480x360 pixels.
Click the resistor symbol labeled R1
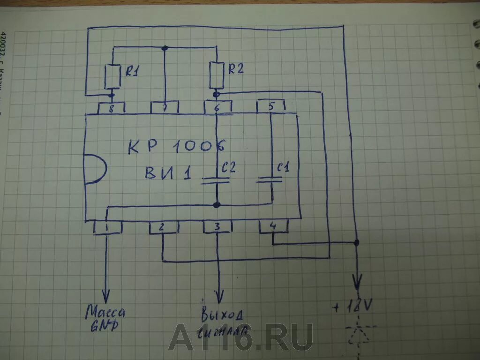click(x=112, y=77)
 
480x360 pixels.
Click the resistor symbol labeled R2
click(x=217, y=75)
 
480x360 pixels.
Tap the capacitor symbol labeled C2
click(x=216, y=180)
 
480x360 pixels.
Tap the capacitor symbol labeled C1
click(x=270, y=180)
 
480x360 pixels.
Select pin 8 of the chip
click(x=111, y=107)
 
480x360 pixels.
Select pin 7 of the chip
click(x=164, y=107)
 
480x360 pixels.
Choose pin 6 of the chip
click(x=217, y=107)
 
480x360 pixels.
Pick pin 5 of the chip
click(x=271, y=107)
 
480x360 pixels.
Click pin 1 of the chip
click(x=107, y=227)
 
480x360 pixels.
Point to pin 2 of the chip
click(x=163, y=227)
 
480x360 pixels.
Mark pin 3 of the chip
click(x=217, y=227)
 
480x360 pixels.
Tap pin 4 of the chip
click(x=274, y=227)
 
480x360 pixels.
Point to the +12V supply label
click(x=353, y=307)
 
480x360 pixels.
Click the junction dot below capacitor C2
click(x=216, y=205)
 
